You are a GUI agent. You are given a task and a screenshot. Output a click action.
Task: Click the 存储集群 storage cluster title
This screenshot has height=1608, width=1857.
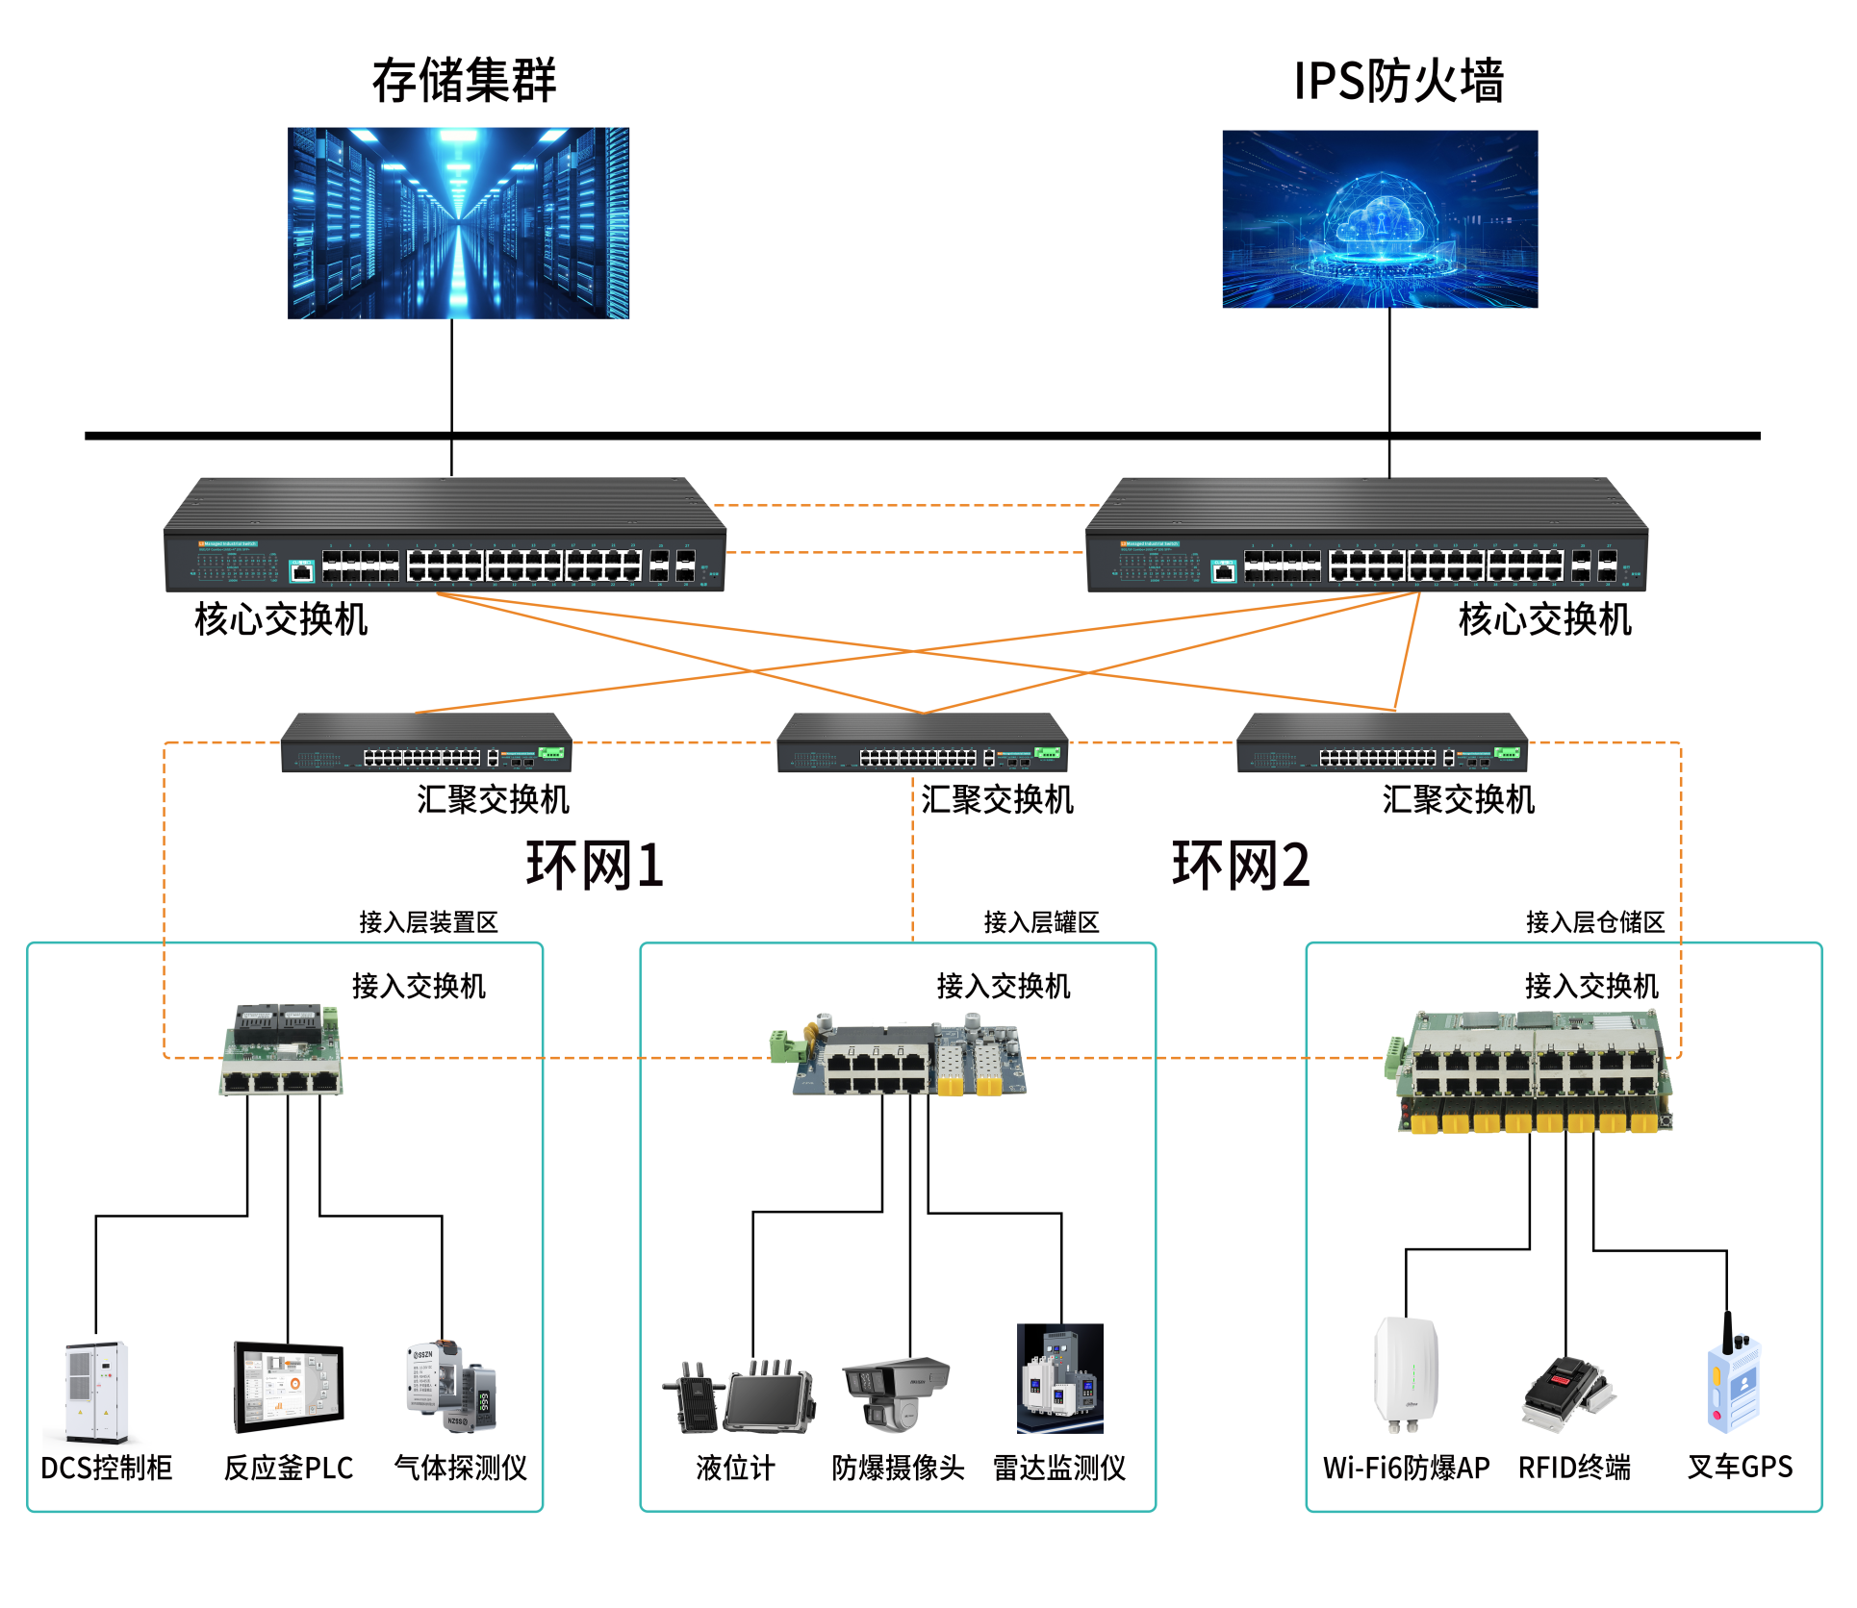[464, 80]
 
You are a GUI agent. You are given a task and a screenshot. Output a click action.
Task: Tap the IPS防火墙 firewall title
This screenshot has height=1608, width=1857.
[1398, 80]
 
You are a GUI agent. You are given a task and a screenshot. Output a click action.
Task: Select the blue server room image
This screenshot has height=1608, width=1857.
[458, 223]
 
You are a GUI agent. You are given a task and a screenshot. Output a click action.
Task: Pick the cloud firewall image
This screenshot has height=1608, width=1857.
[1380, 219]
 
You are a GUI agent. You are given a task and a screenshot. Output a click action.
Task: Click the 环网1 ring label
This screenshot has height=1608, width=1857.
[595, 865]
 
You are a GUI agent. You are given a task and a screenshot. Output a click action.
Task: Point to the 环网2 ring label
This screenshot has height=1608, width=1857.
[1240, 865]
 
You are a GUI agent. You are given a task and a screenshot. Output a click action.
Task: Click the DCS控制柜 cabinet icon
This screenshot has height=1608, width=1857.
[96, 1392]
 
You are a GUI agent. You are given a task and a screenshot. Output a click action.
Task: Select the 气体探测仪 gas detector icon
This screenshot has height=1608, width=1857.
[450, 1388]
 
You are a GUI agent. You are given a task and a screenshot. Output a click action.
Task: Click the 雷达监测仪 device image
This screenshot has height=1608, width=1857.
[1060, 1378]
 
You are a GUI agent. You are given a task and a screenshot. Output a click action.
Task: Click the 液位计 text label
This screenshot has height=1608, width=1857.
[735, 1468]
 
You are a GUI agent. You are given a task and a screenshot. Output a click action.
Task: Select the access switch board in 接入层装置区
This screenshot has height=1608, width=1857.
[282, 1050]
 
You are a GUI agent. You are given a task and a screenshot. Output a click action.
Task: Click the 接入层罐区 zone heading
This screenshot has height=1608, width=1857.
[1041, 922]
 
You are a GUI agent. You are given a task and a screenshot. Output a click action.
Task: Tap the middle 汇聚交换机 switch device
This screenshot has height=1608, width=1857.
[922, 742]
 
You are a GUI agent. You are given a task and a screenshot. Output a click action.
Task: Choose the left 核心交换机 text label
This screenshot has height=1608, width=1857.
[281, 619]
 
